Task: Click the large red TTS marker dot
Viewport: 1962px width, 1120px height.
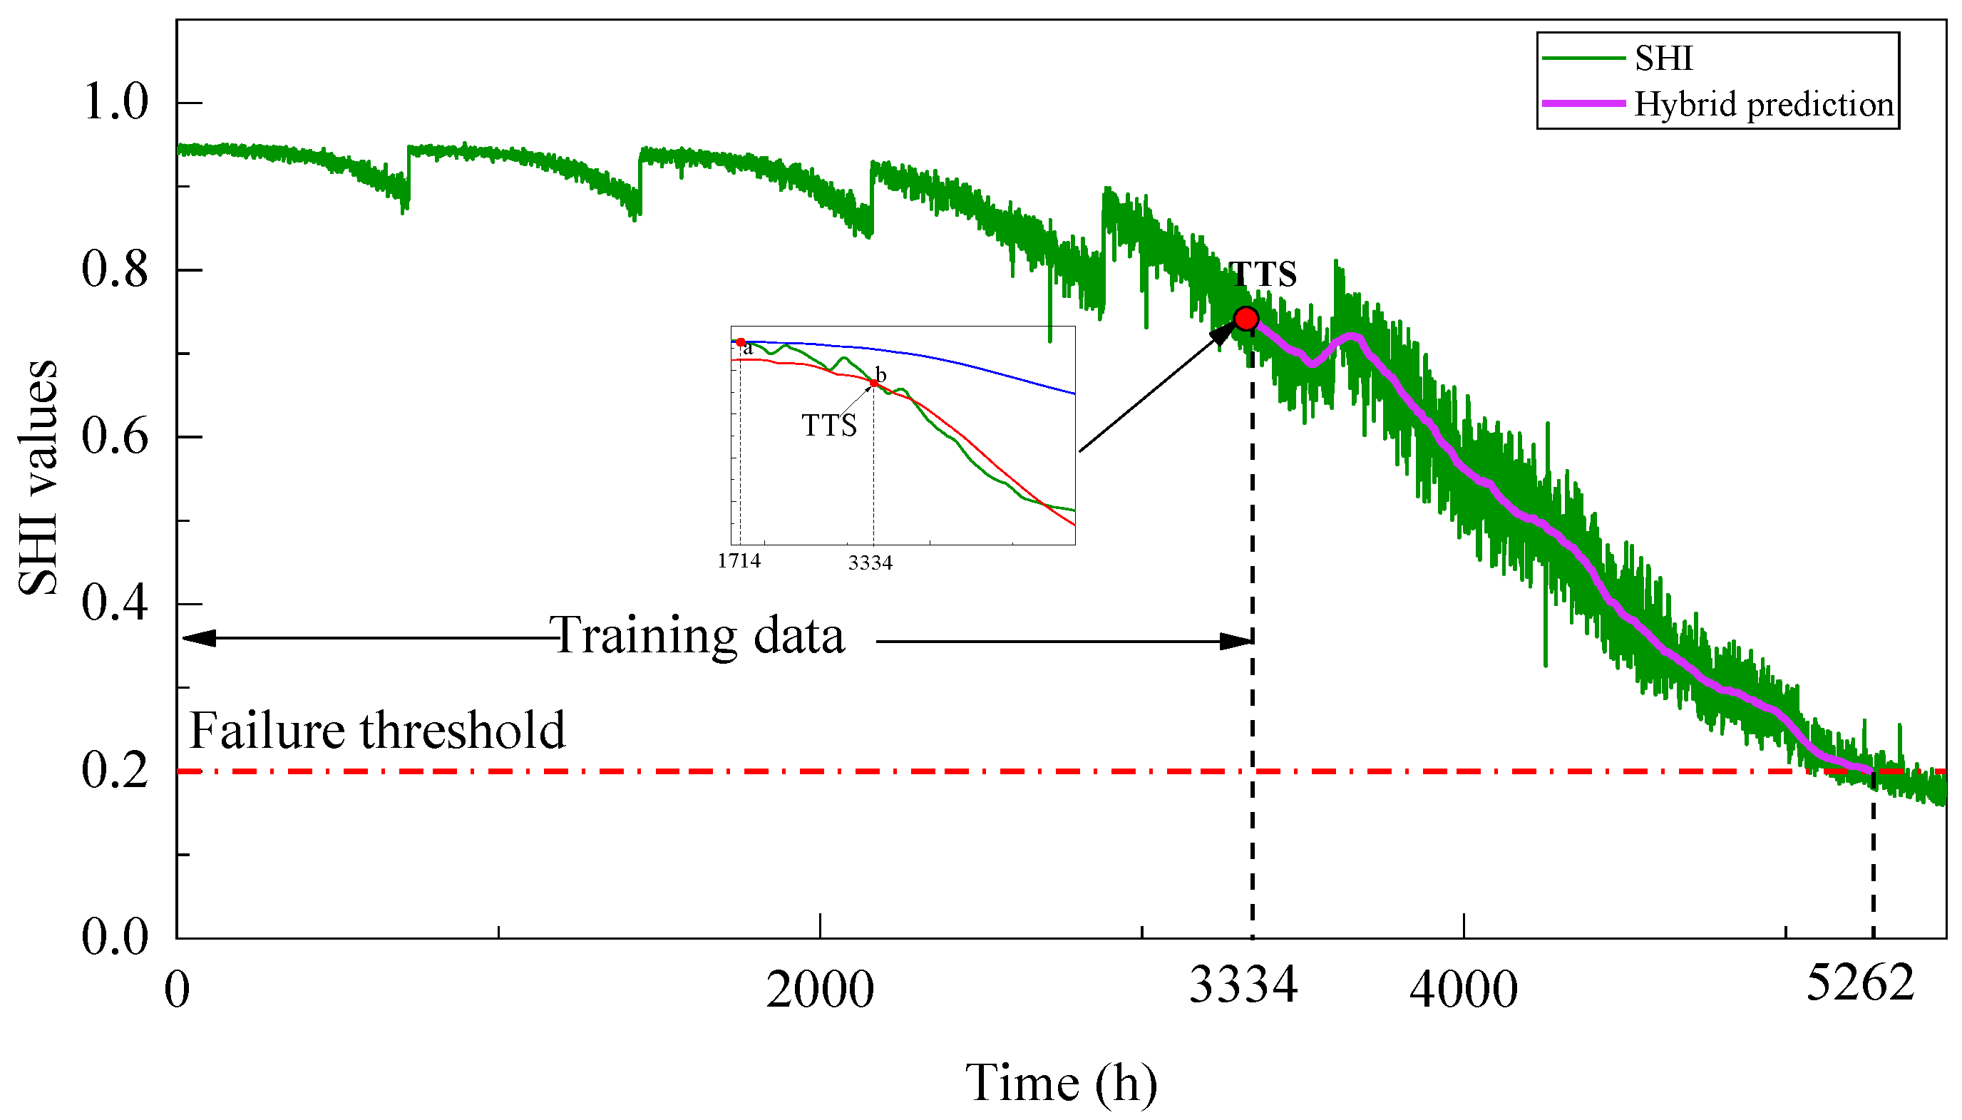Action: point(1245,319)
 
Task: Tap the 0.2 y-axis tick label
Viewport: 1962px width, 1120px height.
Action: point(115,770)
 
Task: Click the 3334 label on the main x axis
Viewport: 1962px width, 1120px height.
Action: point(1243,984)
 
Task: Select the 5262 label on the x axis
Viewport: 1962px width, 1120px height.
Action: point(1859,983)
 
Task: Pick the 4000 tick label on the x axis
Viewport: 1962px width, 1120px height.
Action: point(1463,990)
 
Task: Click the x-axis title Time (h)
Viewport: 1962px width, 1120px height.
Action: point(1061,1083)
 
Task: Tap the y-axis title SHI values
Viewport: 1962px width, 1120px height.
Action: point(38,477)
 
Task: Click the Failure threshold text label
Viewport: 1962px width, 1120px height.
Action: point(377,730)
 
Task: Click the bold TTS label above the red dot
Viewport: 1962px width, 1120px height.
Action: point(1263,274)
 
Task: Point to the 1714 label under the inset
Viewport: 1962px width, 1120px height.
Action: point(739,561)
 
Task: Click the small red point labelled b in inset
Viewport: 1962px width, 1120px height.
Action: point(874,383)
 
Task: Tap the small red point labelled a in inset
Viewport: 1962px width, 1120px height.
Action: point(740,342)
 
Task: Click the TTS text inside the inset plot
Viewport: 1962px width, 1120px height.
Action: point(828,426)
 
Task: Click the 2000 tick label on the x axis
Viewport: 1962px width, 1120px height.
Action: point(820,990)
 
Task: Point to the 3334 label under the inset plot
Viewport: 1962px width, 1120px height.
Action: point(870,563)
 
